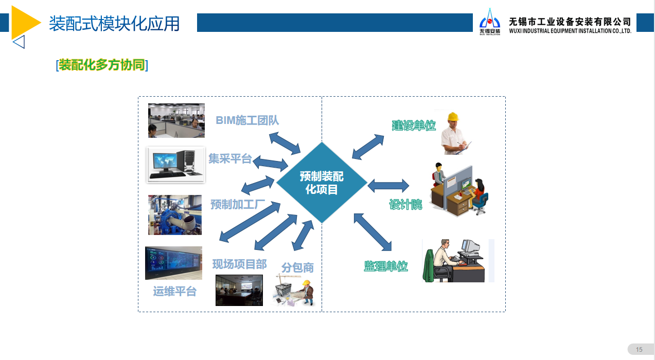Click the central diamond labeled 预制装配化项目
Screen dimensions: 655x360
click(x=322, y=183)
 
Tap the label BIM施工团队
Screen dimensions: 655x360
click(x=247, y=120)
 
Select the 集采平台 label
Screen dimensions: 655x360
click(x=230, y=159)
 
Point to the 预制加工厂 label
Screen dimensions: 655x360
click(x=238, y=204)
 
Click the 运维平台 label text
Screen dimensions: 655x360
click(x=174, y=291)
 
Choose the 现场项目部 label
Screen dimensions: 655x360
click(x=239, y=264)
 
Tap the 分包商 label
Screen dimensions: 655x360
click(x=297, y=267)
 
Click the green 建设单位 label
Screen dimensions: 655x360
click(x=414, y=125)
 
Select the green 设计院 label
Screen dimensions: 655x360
click(x=405, y=205)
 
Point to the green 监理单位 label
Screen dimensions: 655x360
click(x=386, y=266)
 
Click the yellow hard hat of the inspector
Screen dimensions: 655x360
click(x=453, y=117)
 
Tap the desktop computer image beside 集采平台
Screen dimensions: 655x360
click(x=176, y=165)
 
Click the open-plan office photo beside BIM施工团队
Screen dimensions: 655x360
click(x=176, y=120)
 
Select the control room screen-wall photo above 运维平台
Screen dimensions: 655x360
click(x=173, y=263)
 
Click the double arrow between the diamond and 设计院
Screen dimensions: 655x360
click(x=388, y=186)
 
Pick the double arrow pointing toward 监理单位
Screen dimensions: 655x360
click(x=373, y=232)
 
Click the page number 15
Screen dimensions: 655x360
click(x=639, y=350)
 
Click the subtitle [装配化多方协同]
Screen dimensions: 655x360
click(x=102, y=65)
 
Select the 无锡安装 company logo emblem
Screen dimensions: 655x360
click(x=490, y=22)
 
